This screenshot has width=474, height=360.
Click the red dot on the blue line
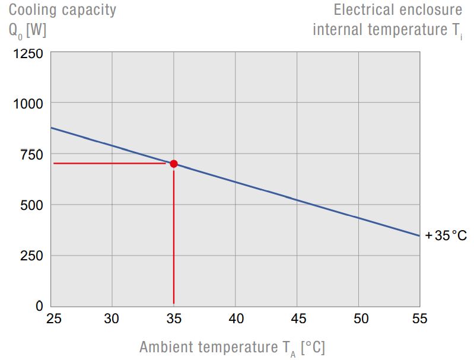[x=174, y=164]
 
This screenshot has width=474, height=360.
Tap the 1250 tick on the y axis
[x=28, y=54]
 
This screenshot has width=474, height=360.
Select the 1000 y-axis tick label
[x=28, y=104]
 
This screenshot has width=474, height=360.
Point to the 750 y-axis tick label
[x=31, y=155]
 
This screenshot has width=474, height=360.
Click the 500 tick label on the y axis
[x=31, y=205]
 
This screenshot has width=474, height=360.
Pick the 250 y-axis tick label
[x=31, y=256]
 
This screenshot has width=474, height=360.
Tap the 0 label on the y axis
[x=39, y=307]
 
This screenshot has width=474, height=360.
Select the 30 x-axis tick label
[x=112, y=319]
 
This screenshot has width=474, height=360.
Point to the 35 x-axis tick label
[x=173, y=319]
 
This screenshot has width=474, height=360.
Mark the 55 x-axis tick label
[x=419, y=319]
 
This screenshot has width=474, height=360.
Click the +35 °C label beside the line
[x=446, y=235]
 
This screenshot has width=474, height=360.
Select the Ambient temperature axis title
[x=232, y=348]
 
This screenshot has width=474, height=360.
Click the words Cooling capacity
[x=62, y=10]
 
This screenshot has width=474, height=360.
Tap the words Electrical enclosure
[x=397, y=10]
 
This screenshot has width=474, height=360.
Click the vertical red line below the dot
[x=173, y=237]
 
